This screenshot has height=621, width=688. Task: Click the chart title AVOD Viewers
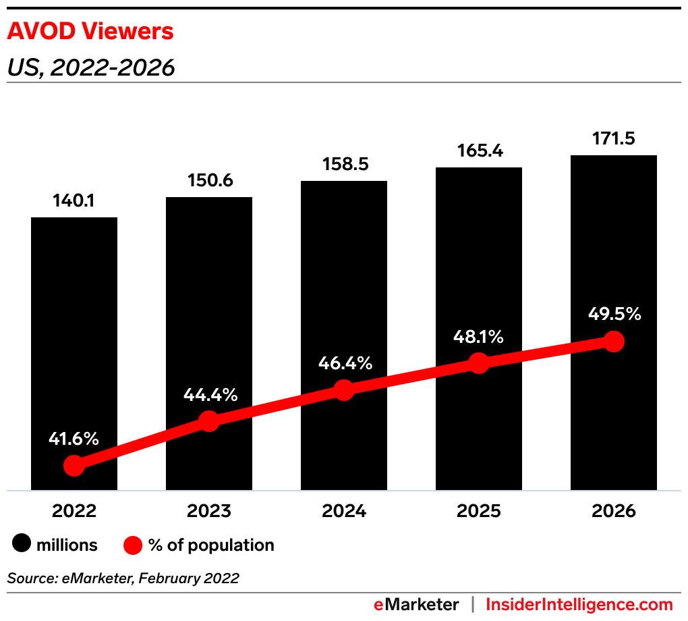(90, 32)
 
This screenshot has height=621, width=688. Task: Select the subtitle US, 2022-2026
(90, 67)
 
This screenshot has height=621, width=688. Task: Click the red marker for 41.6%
(74, 466)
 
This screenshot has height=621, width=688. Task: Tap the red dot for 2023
(209, 421)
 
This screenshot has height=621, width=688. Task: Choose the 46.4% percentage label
(344, 363)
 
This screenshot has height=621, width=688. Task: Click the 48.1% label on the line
(479, 336)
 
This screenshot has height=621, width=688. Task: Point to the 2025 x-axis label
(479, 511)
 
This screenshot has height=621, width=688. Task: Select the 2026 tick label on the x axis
(614, 511)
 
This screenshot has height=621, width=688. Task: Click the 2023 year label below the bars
(209, 511)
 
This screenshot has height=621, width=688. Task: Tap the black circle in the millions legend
(22, 545)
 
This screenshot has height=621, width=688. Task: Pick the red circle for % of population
(133, 545)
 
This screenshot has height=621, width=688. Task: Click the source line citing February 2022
(123, 578)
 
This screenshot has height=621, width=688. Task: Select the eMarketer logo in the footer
(416, 604)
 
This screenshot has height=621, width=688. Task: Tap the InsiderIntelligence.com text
(579, 604)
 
